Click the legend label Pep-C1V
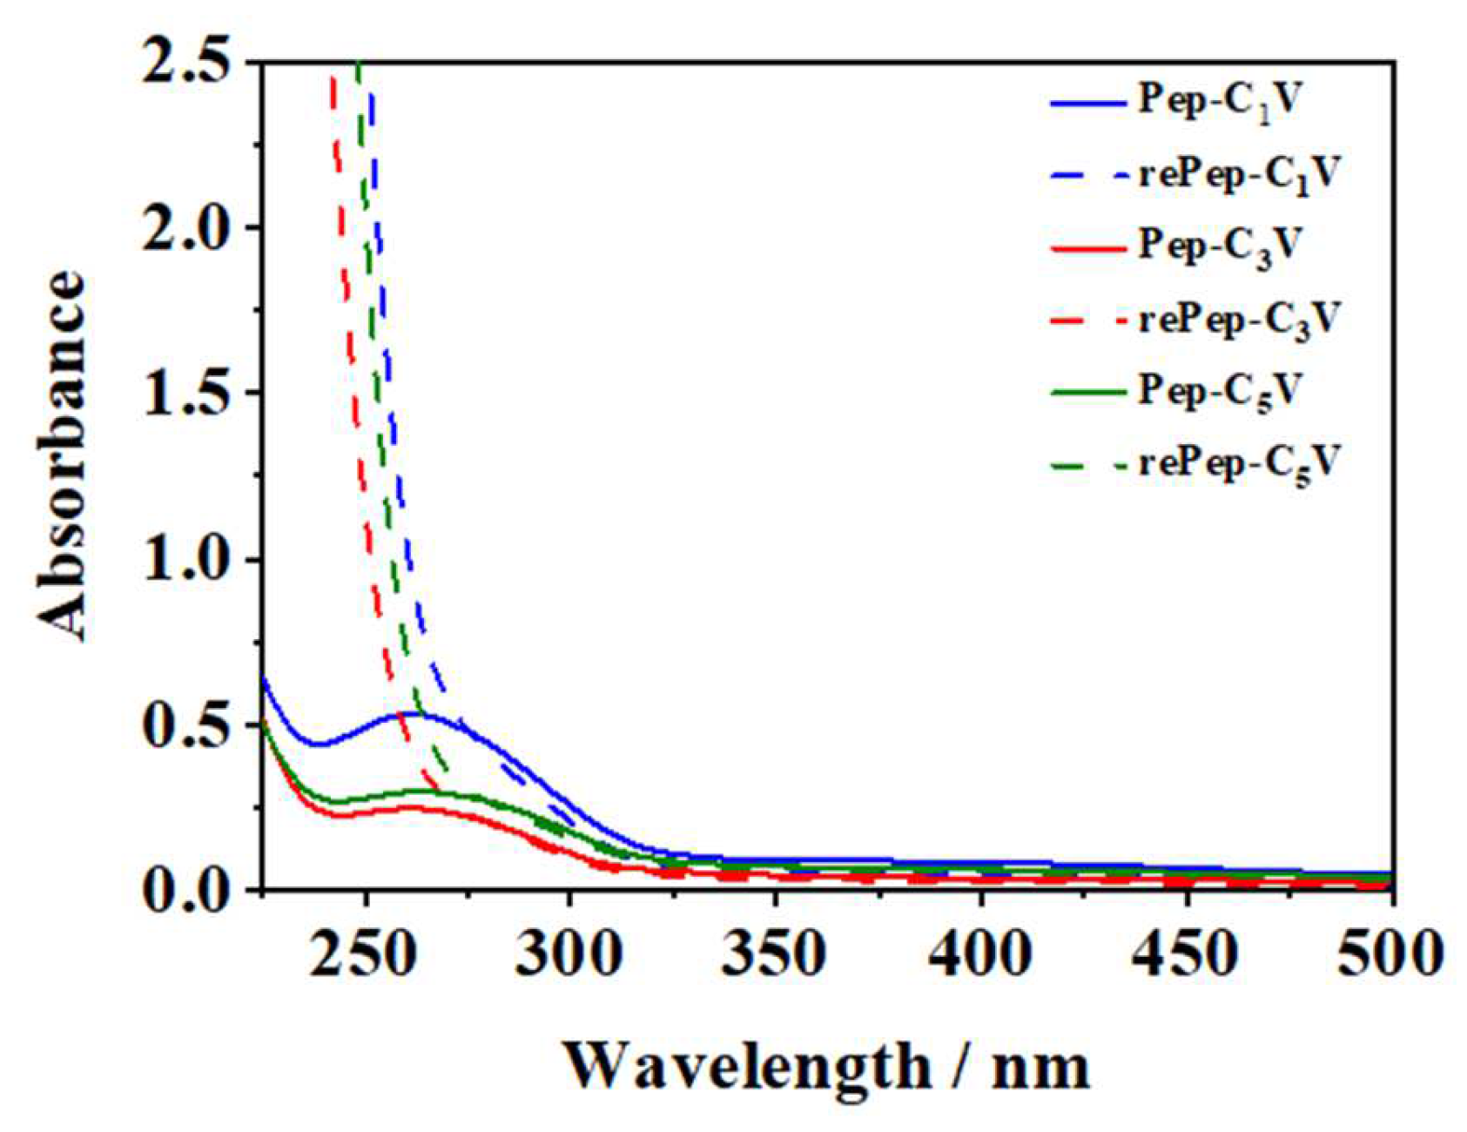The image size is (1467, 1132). [1219, 102]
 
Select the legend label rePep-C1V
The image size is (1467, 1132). [1237, 174]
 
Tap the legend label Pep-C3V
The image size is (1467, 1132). [1219, 246]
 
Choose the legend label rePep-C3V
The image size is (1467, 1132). [1237, 320]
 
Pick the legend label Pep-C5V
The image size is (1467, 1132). [1219, 392]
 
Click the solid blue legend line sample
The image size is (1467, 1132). [1088, 103]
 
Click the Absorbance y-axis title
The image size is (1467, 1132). [63, 457]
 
